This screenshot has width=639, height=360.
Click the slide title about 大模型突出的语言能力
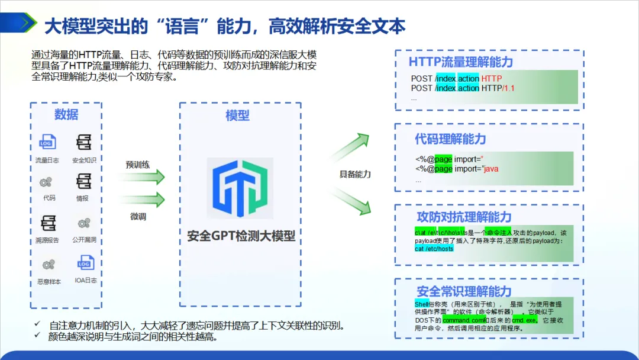coord(225,25)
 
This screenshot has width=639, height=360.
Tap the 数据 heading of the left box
coord(66,114)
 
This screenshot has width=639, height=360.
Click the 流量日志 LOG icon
coord(47,143)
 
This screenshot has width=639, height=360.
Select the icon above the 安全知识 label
coord(83,143)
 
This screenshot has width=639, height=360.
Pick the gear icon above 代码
coord(46,182)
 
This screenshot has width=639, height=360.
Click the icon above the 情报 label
coord(83,181)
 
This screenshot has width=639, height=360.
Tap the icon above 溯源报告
coord(47,223)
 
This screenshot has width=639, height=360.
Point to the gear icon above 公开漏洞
coord(84,223)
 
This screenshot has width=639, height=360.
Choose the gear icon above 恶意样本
coord(47,264)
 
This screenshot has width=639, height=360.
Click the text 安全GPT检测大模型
coord(241,236)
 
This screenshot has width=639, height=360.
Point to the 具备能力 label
coord(355,174)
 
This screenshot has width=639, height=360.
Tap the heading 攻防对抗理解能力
coord(464,217)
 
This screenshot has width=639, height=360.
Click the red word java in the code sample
coord(491,169)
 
